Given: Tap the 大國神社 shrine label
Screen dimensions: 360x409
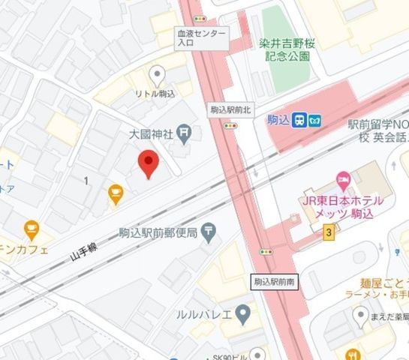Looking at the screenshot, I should click(x=152, y=135).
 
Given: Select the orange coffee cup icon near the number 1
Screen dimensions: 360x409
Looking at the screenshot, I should click(x=115, y=195).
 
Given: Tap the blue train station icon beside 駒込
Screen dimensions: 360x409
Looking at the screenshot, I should click(x=299, y=118).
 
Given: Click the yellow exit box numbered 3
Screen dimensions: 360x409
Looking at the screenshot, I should click(x=329, y=234).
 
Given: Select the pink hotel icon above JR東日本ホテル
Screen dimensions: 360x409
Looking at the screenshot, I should click(x=343, y=178).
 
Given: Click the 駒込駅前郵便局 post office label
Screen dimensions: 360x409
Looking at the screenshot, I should click(x=158, y=233).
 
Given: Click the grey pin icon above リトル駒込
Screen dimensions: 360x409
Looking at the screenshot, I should click(x=157, y=73).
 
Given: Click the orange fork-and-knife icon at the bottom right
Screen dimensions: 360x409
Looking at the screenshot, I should click(x=351, y=353).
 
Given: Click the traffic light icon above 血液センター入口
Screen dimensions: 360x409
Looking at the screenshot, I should click(x=200, y=17).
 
